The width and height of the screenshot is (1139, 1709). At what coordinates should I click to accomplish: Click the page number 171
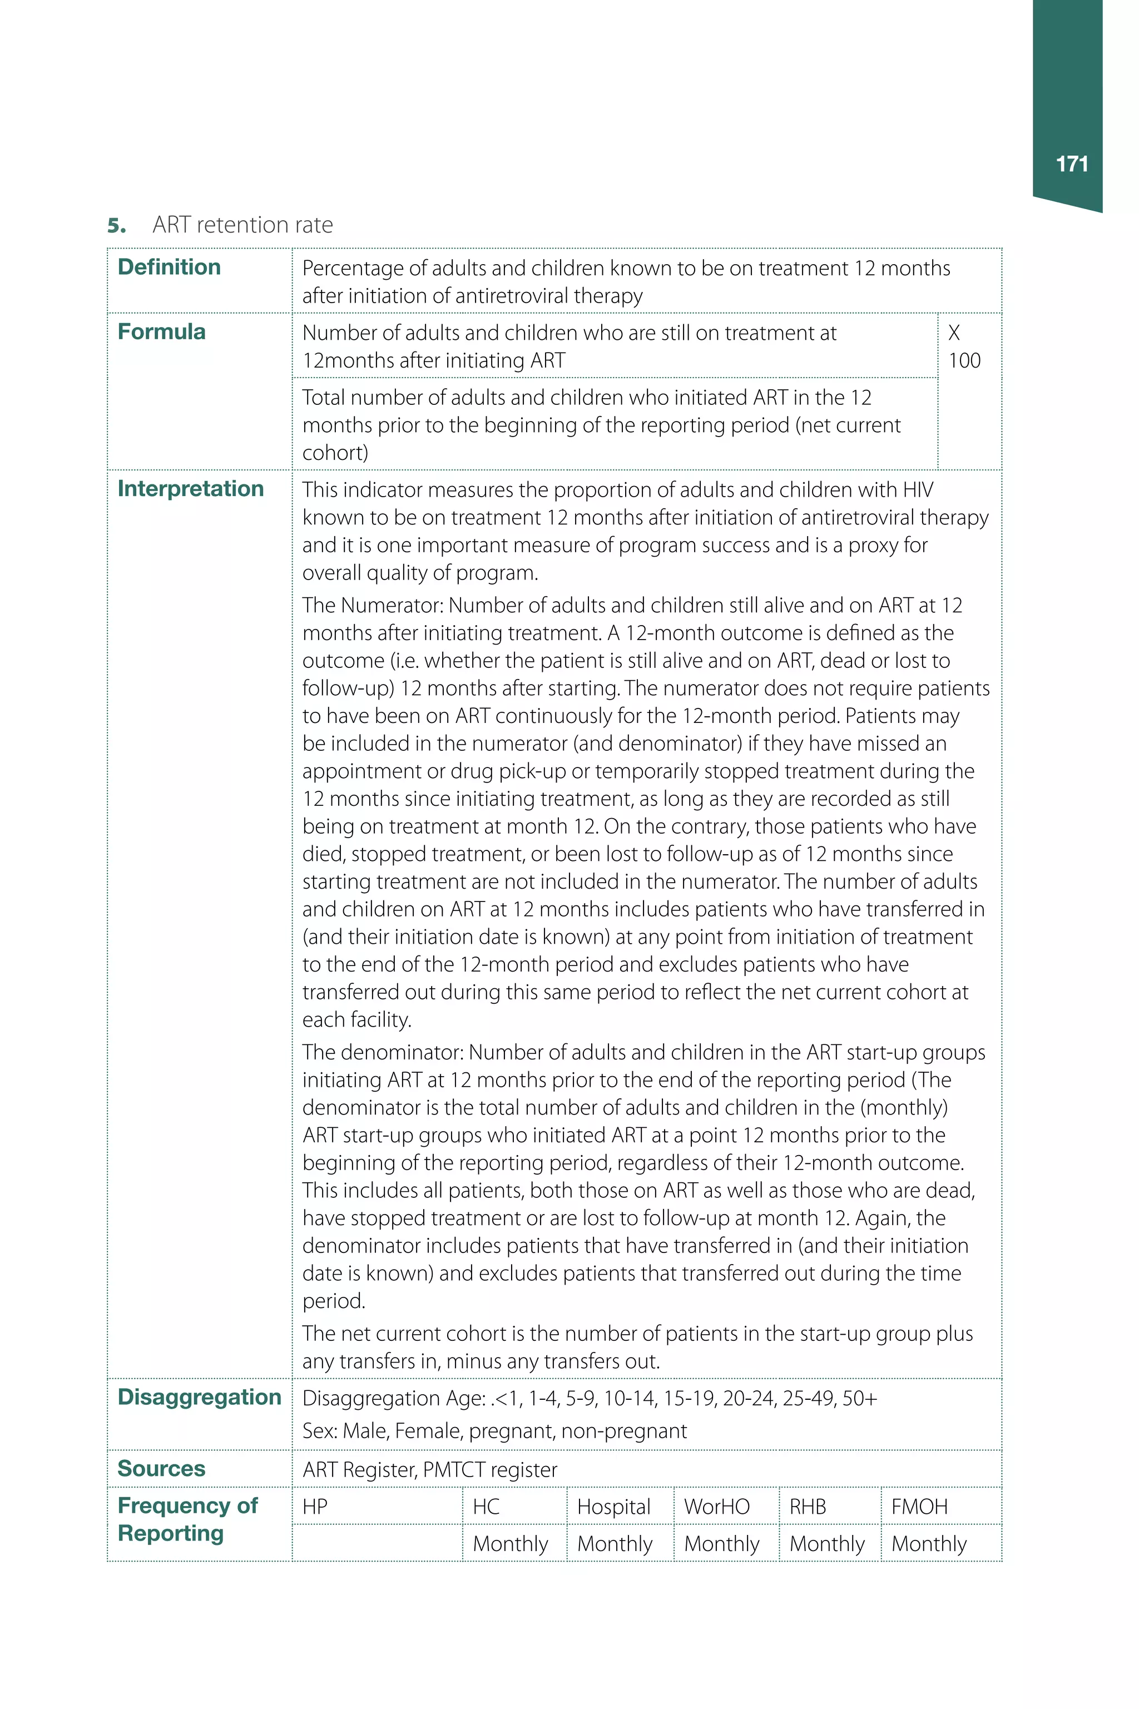pos(1072,164)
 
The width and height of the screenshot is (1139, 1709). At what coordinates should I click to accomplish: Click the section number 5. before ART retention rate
pos(116,226)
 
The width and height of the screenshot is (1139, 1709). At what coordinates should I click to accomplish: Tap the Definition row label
pos(169,268)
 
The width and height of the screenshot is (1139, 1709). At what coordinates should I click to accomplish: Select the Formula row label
pos(161,332)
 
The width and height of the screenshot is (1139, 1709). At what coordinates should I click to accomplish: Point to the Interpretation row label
pos(190,489)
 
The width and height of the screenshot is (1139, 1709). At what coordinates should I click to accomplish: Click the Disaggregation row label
pos(199,1396)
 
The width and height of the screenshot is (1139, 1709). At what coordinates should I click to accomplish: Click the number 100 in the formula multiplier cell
pos(964,360)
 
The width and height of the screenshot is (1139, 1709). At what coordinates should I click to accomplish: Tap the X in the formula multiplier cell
pos(954,333)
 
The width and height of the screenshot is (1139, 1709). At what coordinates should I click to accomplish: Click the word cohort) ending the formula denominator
pos(335,453)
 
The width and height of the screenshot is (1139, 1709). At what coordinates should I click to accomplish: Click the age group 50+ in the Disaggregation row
pos(859,1398)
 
